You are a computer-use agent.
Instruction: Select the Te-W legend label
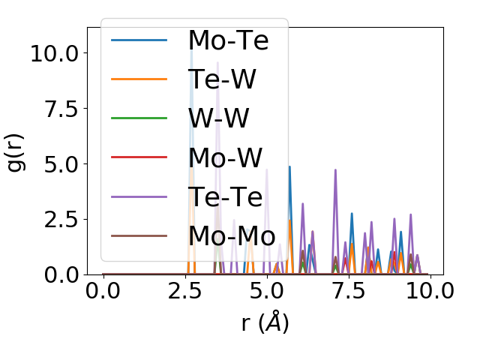point(223,79)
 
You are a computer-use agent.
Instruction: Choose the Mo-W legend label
point(226,157)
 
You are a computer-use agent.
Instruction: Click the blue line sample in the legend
point(139,40)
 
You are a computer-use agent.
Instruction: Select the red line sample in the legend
point(139,157)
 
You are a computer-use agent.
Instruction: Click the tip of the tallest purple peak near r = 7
point(335,170)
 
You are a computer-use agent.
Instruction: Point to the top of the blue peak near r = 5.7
point(289,167)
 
